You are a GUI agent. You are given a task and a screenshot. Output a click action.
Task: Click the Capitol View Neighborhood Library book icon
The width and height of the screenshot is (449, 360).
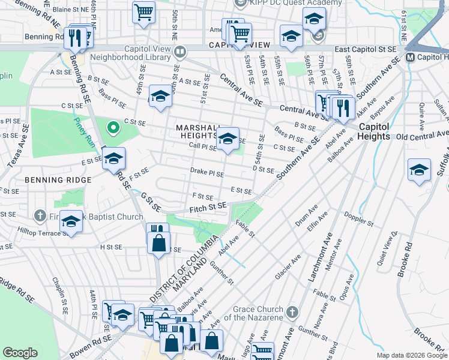pyautogui.click(x=178, y=52)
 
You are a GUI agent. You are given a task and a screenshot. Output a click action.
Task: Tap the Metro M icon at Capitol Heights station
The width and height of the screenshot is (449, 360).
pyautogui.click(x=411, y=58)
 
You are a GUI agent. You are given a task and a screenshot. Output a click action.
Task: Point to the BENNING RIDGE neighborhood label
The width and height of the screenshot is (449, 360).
pyautogui.click(x=58, y=179)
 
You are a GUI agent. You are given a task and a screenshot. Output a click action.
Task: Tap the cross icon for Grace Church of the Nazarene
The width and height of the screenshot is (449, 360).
pyautogui.click(x=292, y=312)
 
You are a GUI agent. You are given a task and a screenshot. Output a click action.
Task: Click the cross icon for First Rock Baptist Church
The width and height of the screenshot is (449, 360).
pyautogui.click(x=40, y=215)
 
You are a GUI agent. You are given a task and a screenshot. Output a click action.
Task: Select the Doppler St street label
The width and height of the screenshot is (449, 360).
pyautogui.click(x=359, y=218)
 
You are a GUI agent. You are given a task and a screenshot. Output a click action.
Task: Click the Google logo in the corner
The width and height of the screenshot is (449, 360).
pyautogui.click(x=20, y=353)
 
